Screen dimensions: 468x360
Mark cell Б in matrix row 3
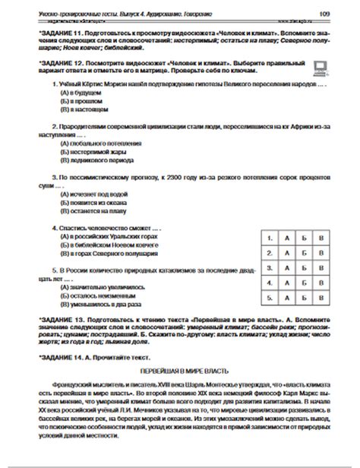tap(304, 268)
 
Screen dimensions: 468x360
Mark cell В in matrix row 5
tap(321, 298)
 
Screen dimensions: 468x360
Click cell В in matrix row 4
tap(321, 283)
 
